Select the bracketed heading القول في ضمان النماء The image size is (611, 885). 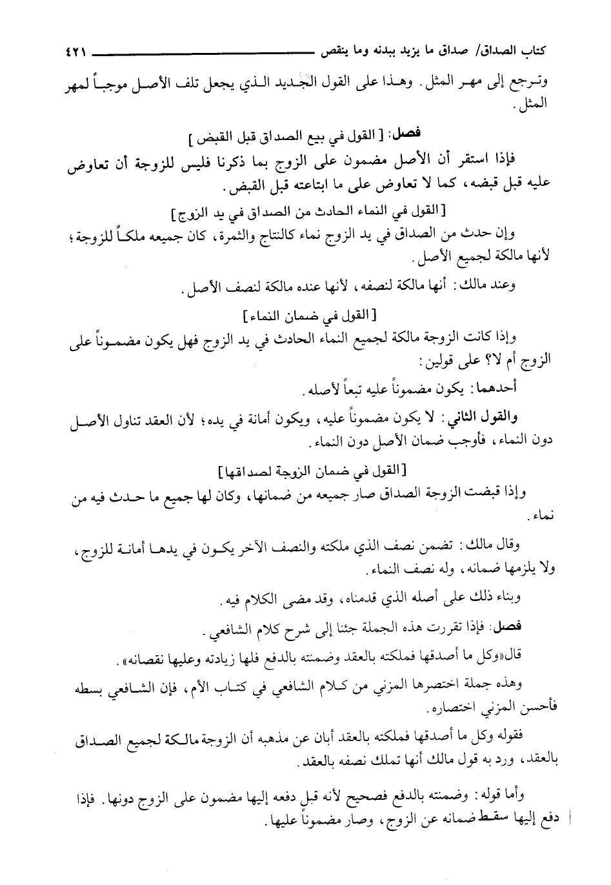pyautogui.click(x=302, y=316)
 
